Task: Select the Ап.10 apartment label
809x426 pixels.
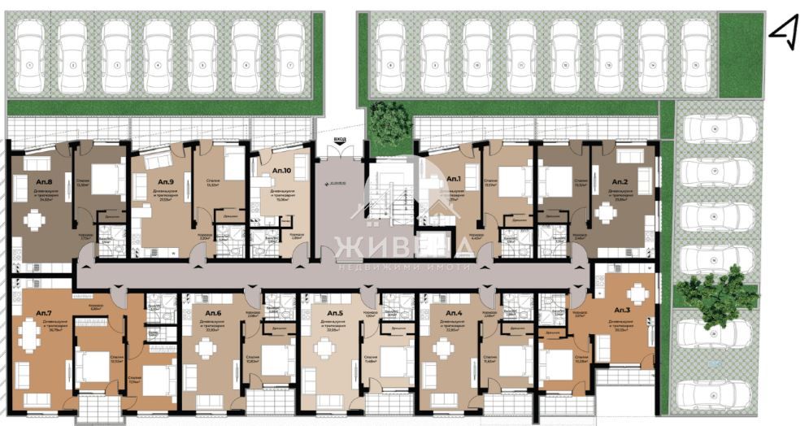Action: (x=282, y=170)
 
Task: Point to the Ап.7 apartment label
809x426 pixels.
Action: (x=43, y=313)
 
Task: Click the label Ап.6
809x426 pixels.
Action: (x=213, y=313)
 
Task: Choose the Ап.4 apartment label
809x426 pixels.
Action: (x=454, y=313)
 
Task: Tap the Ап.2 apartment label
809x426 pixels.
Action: (x=620, y=180)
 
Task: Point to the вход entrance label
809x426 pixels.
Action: (x=339, y=140)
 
